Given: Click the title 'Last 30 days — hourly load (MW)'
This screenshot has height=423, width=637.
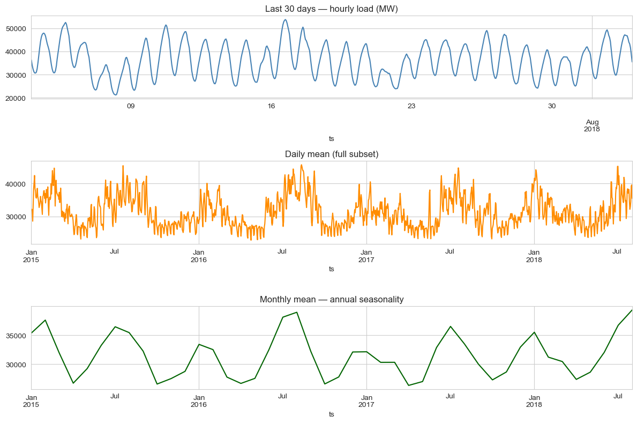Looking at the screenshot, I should pos(331,9).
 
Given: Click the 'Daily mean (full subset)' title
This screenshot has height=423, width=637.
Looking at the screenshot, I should pos(331,154).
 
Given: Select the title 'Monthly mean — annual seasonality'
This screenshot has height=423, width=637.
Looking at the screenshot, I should pos(331,300).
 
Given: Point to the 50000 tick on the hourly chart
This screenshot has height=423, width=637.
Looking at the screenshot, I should pos(16,28).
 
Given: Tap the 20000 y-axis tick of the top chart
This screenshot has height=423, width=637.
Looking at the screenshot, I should pos(16,98).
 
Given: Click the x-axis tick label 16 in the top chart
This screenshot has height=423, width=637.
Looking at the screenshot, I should pos(271,106).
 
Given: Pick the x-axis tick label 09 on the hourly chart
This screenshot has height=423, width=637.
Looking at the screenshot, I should pos(130,106).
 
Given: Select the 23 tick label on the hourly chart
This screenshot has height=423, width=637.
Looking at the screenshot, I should pos(411,106).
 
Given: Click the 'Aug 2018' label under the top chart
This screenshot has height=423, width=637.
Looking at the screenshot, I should pos(592,125).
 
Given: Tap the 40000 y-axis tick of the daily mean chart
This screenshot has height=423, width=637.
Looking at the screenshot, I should pos(16,184).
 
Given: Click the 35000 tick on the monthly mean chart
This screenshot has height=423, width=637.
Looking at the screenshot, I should pos(16,336).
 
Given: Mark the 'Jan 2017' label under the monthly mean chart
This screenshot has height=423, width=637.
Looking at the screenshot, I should pos(366,400).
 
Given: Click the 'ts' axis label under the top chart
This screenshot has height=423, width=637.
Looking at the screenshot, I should pos(331,139).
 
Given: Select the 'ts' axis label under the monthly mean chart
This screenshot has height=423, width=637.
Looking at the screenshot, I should pos(331,414).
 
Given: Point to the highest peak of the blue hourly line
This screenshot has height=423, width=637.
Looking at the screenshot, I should pos(285,20).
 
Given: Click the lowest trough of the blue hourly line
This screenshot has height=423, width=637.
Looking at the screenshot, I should pos(115,95).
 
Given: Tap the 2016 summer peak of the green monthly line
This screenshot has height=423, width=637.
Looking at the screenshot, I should pos(297,312).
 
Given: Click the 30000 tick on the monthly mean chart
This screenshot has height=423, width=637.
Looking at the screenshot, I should pos(16,365).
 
